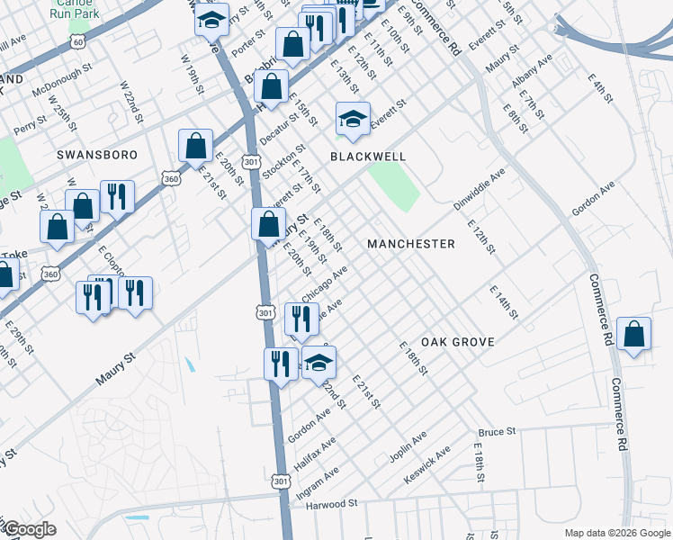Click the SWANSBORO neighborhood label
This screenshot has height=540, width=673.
point(97,155)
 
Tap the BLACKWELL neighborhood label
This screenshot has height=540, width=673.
point(367,157)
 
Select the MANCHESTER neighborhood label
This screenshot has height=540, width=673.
point(410,244)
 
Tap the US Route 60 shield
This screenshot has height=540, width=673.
point(79,41)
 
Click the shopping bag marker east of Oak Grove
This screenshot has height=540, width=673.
point(634,335)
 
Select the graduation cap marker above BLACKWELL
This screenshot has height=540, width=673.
point(354,119)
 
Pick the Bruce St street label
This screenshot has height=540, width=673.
point(497,432)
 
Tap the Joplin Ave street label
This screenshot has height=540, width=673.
point(408,447)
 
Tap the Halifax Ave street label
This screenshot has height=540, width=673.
point(315,454)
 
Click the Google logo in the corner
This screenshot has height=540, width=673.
point(29,529)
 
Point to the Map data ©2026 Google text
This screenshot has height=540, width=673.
point(616,533)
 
